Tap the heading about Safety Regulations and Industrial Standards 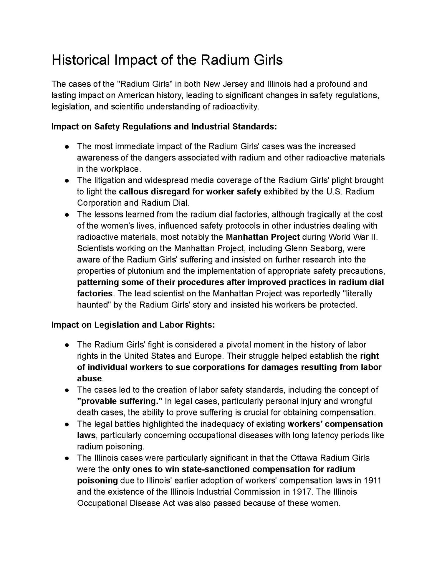click(x=164, y=127)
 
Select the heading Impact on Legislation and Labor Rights click(x=133, y=325)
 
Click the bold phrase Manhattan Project click(x=263, y=237)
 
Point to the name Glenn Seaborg click(x=315, y=248)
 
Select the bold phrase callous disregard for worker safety click(x=190, y=192)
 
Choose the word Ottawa click(x=304, y=458)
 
